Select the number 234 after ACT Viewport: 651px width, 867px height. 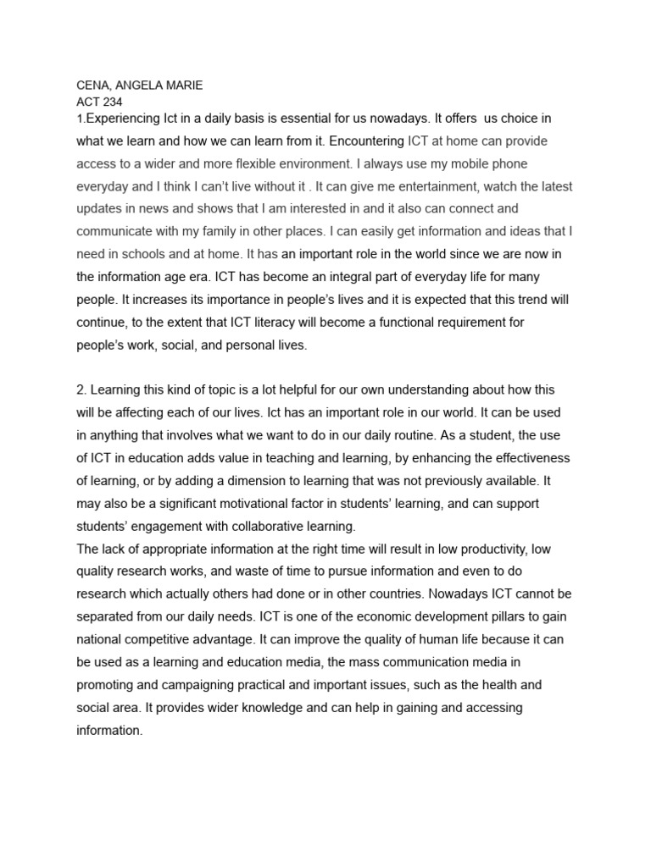(x=113, y=100)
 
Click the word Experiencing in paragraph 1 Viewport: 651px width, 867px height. (x=125, y=118)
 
